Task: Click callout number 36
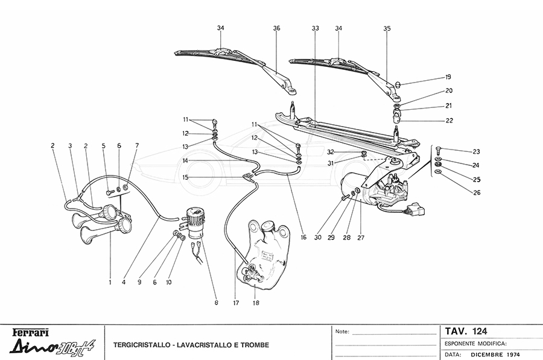[x=276, y=28]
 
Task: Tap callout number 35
[x=387, y=28]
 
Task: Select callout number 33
[x=315, y=28]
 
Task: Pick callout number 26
[x=460, y=194]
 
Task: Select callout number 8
[x=216, y=303]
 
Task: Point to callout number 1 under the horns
[x=110, y=282]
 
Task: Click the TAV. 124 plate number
[x=466, y=331]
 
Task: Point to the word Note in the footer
[x=341, y=332]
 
